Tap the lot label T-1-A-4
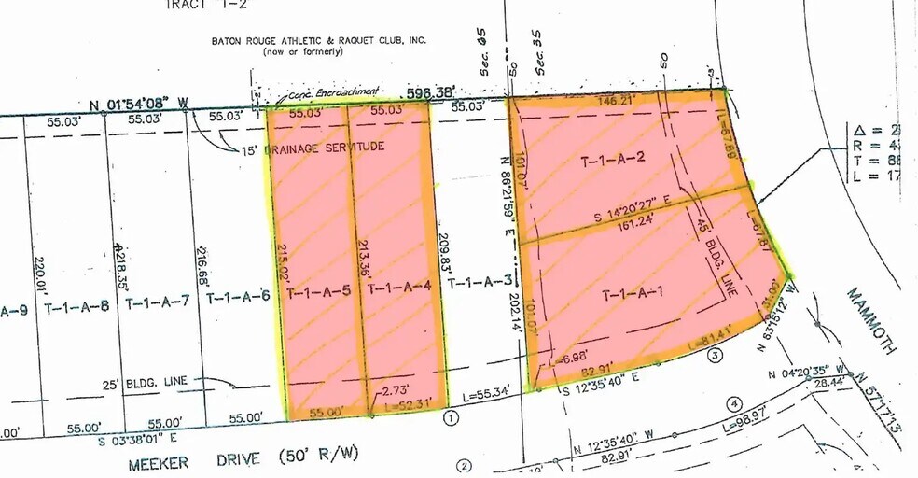pos(398,289)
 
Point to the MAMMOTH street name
pos(871,320)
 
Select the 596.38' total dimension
pos(431,92)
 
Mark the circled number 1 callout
pos(451,419)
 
